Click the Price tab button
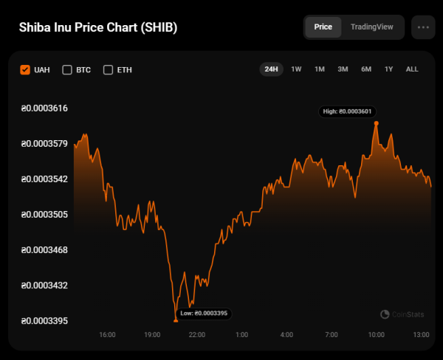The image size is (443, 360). tap(323, 27)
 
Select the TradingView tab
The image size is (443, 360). tap(371, 27)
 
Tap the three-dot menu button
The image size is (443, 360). tap(423, 27)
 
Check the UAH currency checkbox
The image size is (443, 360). tap(25, 70)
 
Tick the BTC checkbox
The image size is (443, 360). tap(67, 70)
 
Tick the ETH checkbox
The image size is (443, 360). tap(108, 70)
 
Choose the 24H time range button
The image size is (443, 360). tap(271, 69)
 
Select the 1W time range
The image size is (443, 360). tap(296, 69)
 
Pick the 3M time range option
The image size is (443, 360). tap(343, 69)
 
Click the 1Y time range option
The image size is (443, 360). tap(388, 69)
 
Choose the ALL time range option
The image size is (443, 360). tap(412, 69)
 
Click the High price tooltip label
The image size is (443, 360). tap(349, 111)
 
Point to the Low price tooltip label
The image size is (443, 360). tap(205, 314)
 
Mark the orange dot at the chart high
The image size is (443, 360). tap(376, 123)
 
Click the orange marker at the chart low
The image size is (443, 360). tap(176, 320)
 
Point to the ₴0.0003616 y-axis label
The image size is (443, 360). tap(44, 108)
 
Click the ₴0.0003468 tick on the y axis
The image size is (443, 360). tap(44, 250)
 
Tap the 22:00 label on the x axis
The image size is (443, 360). tap(197, 335)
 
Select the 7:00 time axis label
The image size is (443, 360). tap(332, 335)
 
